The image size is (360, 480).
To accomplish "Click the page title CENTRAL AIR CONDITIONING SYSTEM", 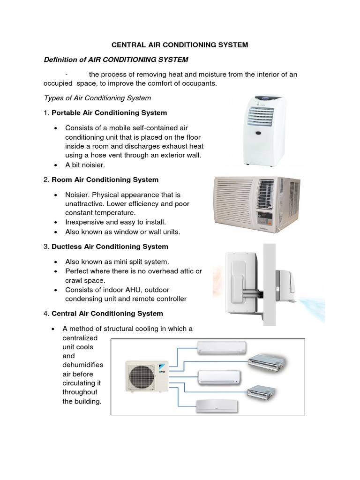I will pyautogui.click(x=180, y=45).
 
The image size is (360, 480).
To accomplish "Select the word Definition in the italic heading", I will pyautogui.click(x=60, y=60).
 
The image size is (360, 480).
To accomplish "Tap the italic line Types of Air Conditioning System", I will pyautogui.click(x=97, y=98).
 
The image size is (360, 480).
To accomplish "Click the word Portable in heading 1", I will pyautogui.click(x=65, y=113).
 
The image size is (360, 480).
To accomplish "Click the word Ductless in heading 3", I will pyautogui.click(x=65, y=247).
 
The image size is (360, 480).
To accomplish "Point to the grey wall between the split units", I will pyautogui.click(x=269, y=286).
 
